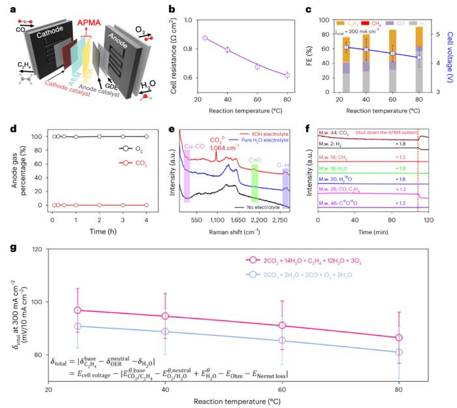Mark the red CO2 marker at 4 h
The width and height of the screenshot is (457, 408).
(x=146, y=205)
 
